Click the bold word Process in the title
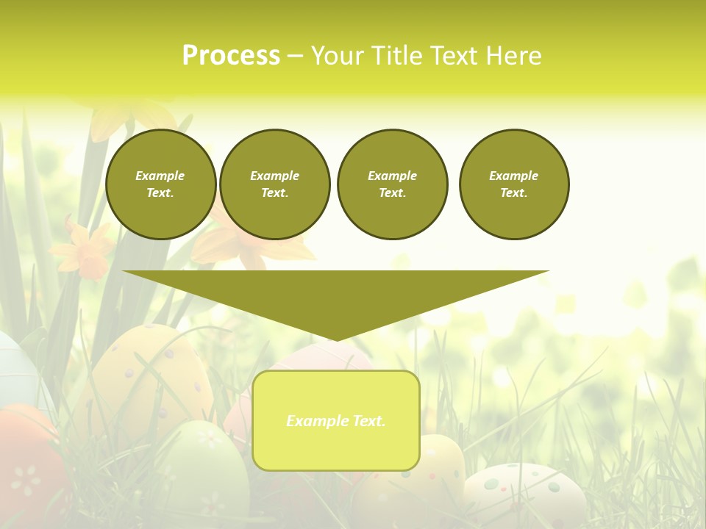tap(231, 56)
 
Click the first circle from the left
tap(160, 184)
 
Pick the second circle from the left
tap(274, 184)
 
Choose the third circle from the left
tap(392, 184)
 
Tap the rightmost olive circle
tap(513, 184)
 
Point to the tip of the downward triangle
tap(335, 339)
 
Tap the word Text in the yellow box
tap(368, 421)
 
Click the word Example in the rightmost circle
tap(513, 176)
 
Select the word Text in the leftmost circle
tap(159, 193)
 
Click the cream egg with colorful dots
tap(524, 492)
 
